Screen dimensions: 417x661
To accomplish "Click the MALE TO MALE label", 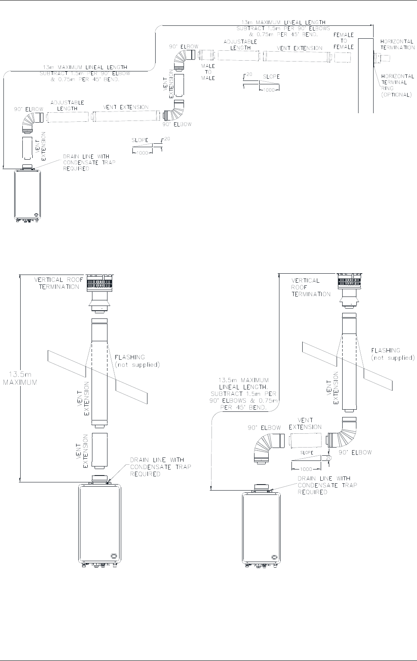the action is (x=208, y=72).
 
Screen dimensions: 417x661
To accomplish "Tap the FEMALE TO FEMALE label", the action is (x=343, y=41).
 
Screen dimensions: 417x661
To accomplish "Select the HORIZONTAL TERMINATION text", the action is (x=398, y=45).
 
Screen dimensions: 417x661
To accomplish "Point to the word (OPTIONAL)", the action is (x=396, y=95).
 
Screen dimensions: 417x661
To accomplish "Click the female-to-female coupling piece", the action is (x=343, y=57).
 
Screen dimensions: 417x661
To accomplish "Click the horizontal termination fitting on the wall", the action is (x=382, y=58).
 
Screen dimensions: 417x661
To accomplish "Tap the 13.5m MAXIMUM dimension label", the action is (x=20, y=378).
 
